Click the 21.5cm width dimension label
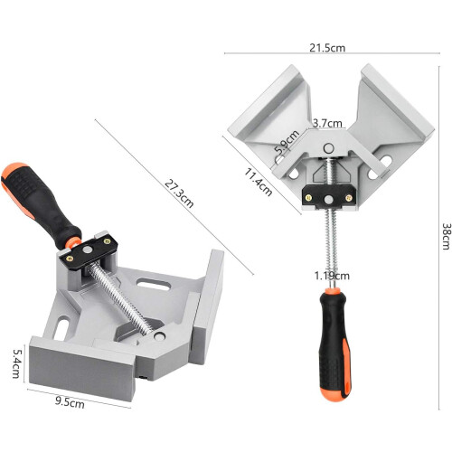(x=327, y=48)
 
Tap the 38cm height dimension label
(x=447, y=236)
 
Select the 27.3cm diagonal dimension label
(x=179, y=193)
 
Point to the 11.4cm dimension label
(x=259, y=182)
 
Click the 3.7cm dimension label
(x=327, y=123)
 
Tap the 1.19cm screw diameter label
(x=332, y=276)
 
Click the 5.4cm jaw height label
(x=16, y=363)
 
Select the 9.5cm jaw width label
(x=70, y=402)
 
